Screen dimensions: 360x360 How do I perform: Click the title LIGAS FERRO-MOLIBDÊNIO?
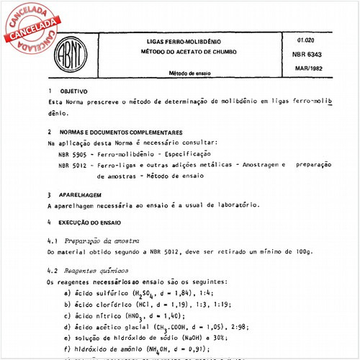(181, 43)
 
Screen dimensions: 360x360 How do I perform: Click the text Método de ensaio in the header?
(181, 73)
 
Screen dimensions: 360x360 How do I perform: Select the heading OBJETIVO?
(75, 92)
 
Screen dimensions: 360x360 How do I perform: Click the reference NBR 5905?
(74, 154)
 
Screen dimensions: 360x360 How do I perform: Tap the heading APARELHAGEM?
(81, 194)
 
